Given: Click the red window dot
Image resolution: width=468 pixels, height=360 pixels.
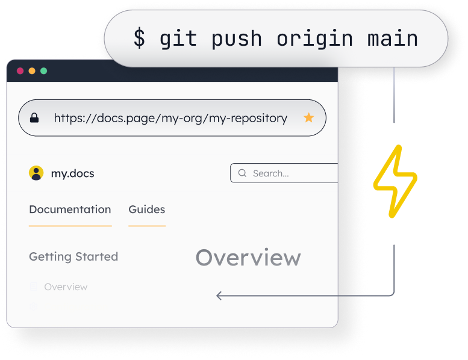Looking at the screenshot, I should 20,71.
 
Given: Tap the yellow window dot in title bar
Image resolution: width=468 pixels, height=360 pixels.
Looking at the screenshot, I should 32,71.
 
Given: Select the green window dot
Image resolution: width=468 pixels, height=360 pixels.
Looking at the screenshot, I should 43,71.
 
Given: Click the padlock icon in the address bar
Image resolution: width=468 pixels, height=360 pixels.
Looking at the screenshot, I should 34,118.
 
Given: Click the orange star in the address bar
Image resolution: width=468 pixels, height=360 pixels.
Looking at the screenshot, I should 308,118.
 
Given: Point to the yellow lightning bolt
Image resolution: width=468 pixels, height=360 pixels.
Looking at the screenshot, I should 395,181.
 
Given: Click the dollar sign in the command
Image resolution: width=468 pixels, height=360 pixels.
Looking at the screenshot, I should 139,39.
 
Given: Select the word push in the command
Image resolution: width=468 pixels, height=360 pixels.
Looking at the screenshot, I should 237,39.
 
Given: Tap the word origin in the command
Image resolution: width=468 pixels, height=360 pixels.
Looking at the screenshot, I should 314,39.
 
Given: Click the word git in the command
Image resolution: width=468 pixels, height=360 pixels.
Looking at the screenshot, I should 178,39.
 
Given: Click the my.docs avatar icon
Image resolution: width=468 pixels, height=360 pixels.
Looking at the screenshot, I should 36,173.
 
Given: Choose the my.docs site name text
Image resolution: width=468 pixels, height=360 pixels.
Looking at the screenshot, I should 72,173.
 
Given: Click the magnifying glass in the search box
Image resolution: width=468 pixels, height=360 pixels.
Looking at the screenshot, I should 242,173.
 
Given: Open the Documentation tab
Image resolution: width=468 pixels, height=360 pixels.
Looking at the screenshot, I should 70,209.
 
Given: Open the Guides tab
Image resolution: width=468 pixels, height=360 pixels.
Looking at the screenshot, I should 146,209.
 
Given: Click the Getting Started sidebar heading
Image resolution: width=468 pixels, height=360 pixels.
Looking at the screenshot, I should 73,256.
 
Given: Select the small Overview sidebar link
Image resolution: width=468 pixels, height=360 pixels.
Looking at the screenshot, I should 66,287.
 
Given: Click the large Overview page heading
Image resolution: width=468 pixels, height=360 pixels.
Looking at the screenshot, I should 248,258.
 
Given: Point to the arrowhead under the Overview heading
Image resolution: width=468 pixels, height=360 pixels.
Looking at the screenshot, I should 220,296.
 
